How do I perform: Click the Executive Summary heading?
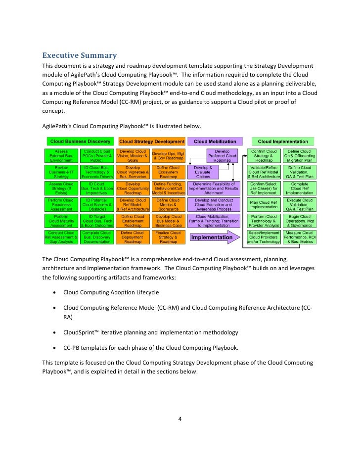point(79,55)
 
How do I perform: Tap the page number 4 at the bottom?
point(180,420)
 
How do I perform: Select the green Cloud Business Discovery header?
point(79,141)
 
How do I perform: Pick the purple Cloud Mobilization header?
point(215,141)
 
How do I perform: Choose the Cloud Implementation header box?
point(282,141)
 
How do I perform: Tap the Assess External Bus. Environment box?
point(61,156)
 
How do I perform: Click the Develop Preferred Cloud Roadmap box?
point(219,156)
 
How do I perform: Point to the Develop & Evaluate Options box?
point(203,172)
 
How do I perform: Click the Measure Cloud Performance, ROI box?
point(299,237)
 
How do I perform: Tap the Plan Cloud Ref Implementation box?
point(264,205)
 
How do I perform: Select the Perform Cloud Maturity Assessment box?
point(61,221)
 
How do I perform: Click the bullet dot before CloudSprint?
point(54,332)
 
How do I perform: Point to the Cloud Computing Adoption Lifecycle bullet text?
point(111,292)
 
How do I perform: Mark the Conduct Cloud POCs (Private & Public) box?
point(97,156)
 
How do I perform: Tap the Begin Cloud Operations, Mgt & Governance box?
point(299,221)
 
